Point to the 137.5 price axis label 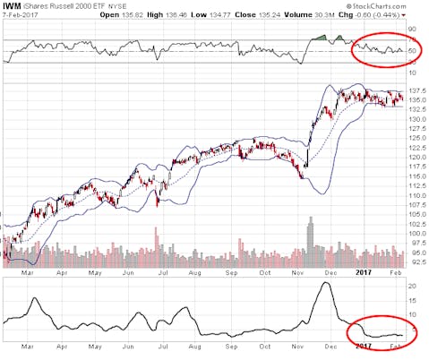click(416, 90)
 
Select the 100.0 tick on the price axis click(416, 234)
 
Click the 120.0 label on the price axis click(416, 158)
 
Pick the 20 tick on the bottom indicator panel click(413, 286)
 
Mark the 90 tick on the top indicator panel click(413, 30)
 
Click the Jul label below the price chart click(163, 268)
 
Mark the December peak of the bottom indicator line click(325, 283)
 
